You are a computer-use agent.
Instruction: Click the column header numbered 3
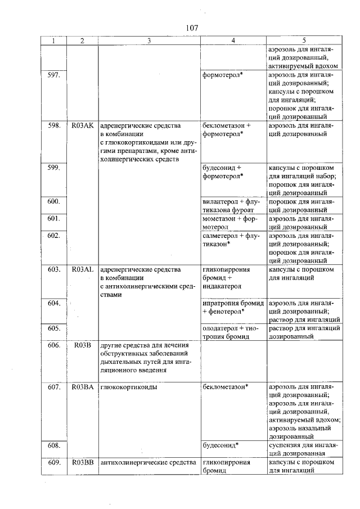[x=149, y=40]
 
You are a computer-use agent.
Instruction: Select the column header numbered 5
[x=303, y=40]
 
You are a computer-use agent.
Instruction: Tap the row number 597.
[x=54, y=75]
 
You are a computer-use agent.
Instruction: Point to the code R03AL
[x=83, y=269]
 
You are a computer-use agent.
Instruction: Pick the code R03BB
[x=83, y=463]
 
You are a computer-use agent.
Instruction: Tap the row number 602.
[x=54, y=236]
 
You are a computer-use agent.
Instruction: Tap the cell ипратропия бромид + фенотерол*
[x=232, y=307]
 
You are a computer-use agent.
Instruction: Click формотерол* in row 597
[x=223, y=75]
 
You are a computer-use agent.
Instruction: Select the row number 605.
[x=54, y=328]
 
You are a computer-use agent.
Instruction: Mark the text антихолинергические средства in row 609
[x=147, y=463]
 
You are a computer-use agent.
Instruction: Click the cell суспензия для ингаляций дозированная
[x=303, y=450]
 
